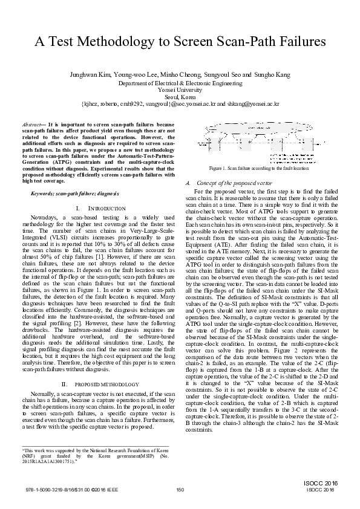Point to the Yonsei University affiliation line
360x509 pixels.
(x=180, y=89)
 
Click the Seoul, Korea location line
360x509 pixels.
(x=180, y=96)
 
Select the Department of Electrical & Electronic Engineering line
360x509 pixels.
(x=180, y=82)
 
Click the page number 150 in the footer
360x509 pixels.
(x=180, y=489)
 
